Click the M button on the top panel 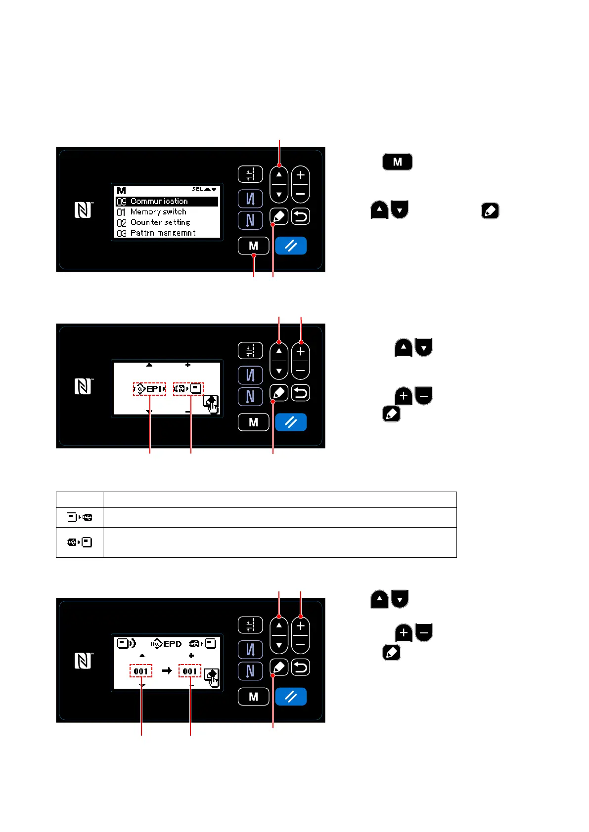[x=253, y=246]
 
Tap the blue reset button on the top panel [x=291, y=246]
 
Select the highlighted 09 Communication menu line [x=167, y=202]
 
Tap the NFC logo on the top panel [x=83, y=210]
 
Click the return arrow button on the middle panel [x=301, y=393]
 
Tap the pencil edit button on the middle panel [x=279, y=393]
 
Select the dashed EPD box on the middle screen [x=149, y=389]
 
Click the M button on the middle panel [x=253, y=422]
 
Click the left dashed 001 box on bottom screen [x=141, y=671]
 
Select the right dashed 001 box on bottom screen [x=190, y=671]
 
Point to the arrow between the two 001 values [x=167, y=670]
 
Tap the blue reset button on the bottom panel [x=291, y=697]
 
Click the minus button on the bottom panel [x=301, y=645]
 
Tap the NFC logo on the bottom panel [x=83, y=661]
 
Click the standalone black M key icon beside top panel [x=397, y=162]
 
